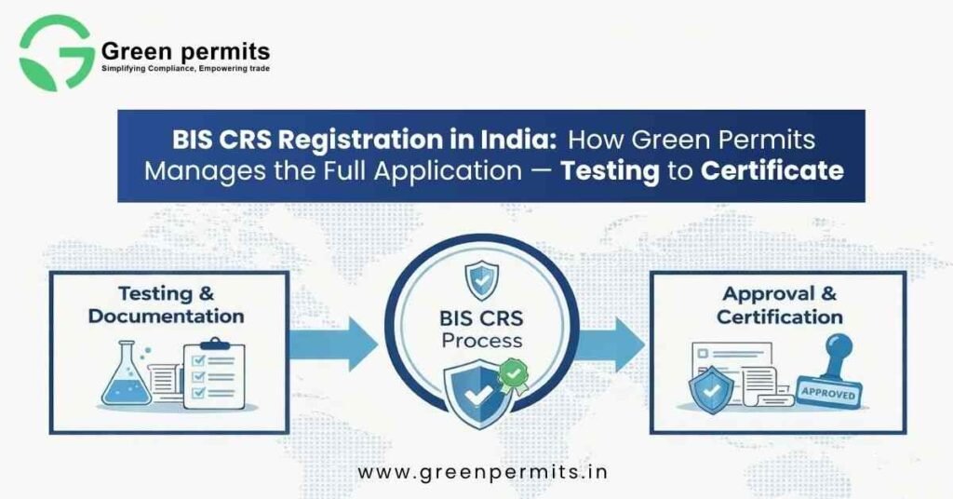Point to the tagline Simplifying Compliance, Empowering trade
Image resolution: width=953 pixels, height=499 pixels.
tap(185, 69)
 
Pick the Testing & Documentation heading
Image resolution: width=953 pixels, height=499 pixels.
tap(167, 304)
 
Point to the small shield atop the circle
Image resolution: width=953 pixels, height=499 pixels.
tap(482, 279)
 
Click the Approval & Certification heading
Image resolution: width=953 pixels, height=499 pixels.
tap(779, 304)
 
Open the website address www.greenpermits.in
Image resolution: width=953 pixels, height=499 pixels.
tap(483, 472)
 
